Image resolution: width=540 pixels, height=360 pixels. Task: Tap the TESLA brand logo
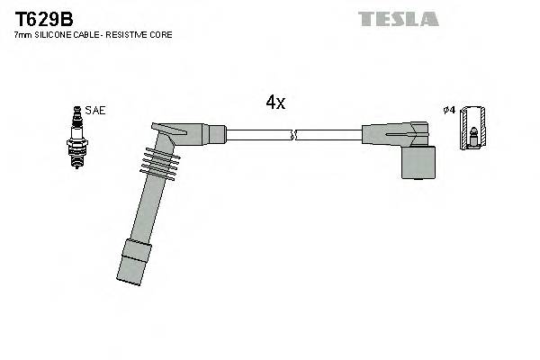pos(398,19)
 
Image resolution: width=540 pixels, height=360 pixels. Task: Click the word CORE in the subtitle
pos(161,34)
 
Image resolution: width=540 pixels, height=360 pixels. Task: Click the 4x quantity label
pos(275,103)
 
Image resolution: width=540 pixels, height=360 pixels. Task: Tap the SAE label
pos(97,110)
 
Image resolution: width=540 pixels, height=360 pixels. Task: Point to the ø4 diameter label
pos(448,110)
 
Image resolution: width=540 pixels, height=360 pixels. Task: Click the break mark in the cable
pos(294,135)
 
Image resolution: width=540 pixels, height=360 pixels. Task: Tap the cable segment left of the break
pos(259,135)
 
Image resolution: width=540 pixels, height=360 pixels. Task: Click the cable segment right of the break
pos(328,135)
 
